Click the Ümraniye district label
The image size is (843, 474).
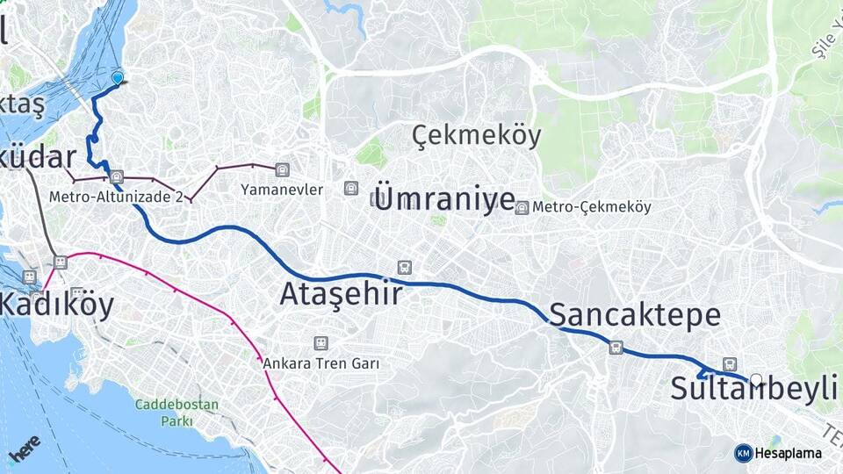pos(444,197)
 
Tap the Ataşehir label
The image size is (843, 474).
pos(342,294)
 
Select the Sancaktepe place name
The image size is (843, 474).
pos(635,315)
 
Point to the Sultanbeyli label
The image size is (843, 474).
pos(753,389)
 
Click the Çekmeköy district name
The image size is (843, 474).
pos(477,136)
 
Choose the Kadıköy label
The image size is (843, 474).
pos(57,305)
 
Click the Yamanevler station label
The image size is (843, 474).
pos(283,189)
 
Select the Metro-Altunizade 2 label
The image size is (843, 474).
pos(116,197)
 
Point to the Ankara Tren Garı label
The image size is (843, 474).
pos(321,363)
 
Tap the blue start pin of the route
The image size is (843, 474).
pos(118,78)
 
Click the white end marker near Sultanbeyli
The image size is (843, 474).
pos(756,379)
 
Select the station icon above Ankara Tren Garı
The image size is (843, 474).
pos(321,343)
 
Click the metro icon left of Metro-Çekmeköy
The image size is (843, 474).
pos(522,208)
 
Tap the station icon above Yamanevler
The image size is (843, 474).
pos(281,169)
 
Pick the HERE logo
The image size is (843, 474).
pos(24,447)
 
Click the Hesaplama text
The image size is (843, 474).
pos(788,454)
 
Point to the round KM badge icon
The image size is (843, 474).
pos(743,454)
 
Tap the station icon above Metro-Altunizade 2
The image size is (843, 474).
pos(117,176)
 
